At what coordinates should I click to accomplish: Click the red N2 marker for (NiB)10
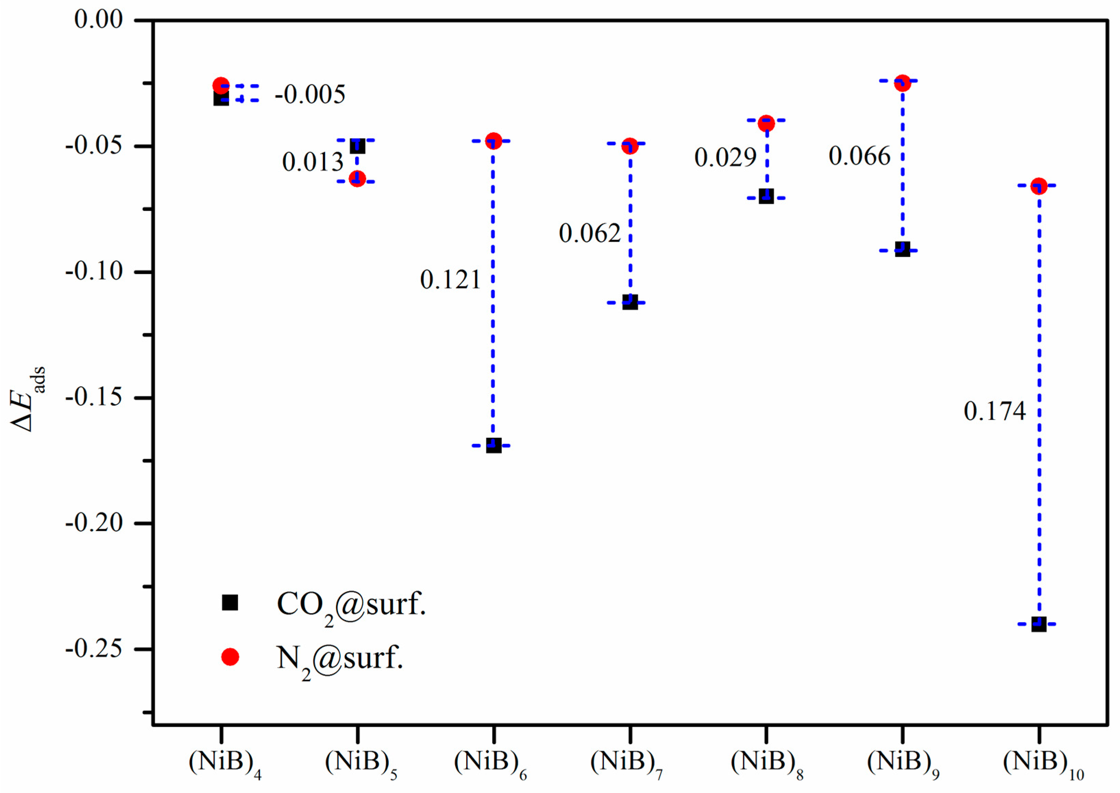coord(1038,186)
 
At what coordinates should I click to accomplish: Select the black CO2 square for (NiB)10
coord(1038,624)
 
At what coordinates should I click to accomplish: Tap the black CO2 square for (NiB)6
coord(494,445)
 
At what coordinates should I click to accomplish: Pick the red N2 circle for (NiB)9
coord(902,83)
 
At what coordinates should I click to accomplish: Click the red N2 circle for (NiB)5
coord(357,179)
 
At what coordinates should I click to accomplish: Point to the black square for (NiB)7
coord(630,302)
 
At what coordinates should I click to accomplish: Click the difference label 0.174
coord(995,411)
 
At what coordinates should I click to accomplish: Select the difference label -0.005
coord(310,94)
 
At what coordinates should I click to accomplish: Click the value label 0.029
coord(725,158)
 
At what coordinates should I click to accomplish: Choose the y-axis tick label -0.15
coord(94,398)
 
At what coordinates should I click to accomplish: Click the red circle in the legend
coord(230,657)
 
